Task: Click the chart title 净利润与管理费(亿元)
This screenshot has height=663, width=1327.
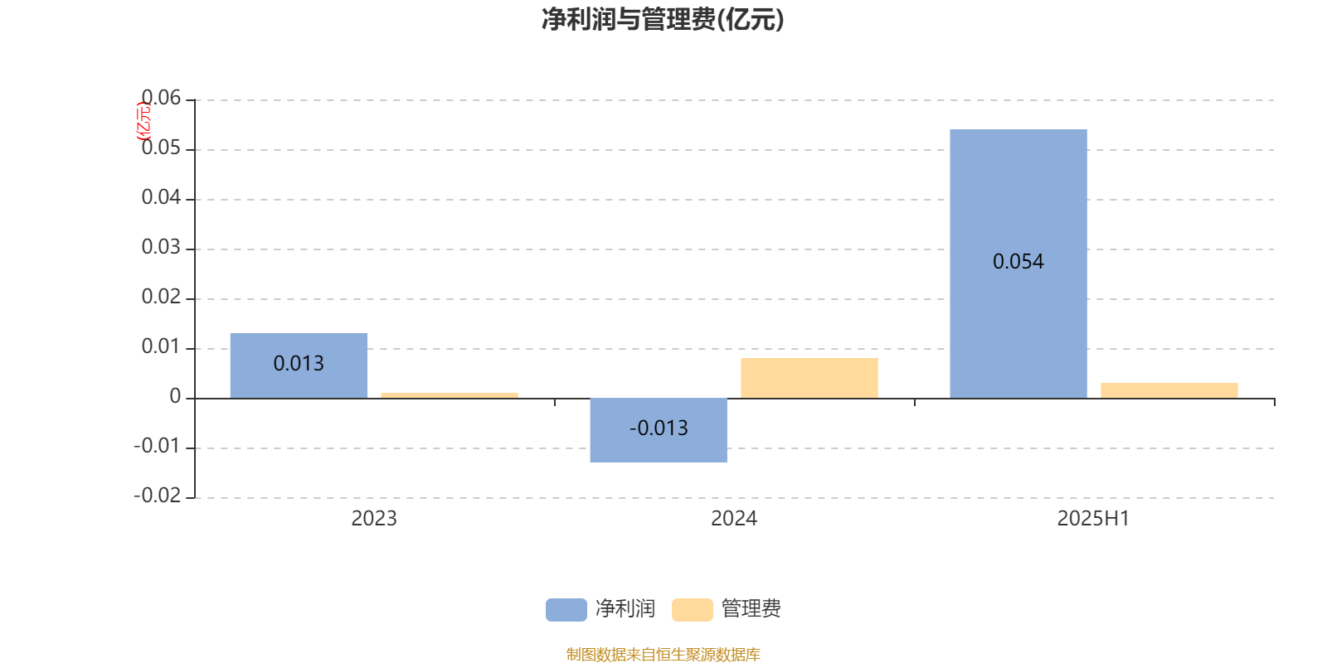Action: pos(663,20)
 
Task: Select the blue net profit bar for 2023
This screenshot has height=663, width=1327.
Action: pos(299,365)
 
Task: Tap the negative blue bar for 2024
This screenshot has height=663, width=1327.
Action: pos(659,430)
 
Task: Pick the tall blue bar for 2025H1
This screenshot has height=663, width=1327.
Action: pos(1018,264)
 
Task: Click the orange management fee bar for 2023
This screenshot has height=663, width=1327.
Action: pos(450,395)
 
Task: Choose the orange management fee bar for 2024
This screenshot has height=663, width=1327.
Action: pos(809,378)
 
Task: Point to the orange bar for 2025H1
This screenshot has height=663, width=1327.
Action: pos(1169,390)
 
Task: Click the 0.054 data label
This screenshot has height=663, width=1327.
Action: pos(1018,262)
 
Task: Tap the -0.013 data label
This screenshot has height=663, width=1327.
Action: pos(659,428)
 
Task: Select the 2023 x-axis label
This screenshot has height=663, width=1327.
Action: pos(374,519)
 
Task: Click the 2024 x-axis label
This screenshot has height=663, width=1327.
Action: pos(734,519)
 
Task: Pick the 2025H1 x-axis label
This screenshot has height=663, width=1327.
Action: pos(1094,519)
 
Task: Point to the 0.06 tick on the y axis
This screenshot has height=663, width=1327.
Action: pos(161,98)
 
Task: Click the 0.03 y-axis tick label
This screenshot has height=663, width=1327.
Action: pos(161,247)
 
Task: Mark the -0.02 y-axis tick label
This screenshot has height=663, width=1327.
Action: pos(158,496)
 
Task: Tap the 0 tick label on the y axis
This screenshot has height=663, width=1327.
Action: pos(175,396)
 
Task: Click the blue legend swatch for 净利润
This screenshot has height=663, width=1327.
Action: pos(566,610)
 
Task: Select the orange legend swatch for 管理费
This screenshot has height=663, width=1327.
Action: pos(692,610)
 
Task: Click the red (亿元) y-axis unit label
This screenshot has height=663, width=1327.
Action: pos(144,121)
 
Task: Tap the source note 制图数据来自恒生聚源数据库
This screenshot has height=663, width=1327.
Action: pos(663,654)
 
